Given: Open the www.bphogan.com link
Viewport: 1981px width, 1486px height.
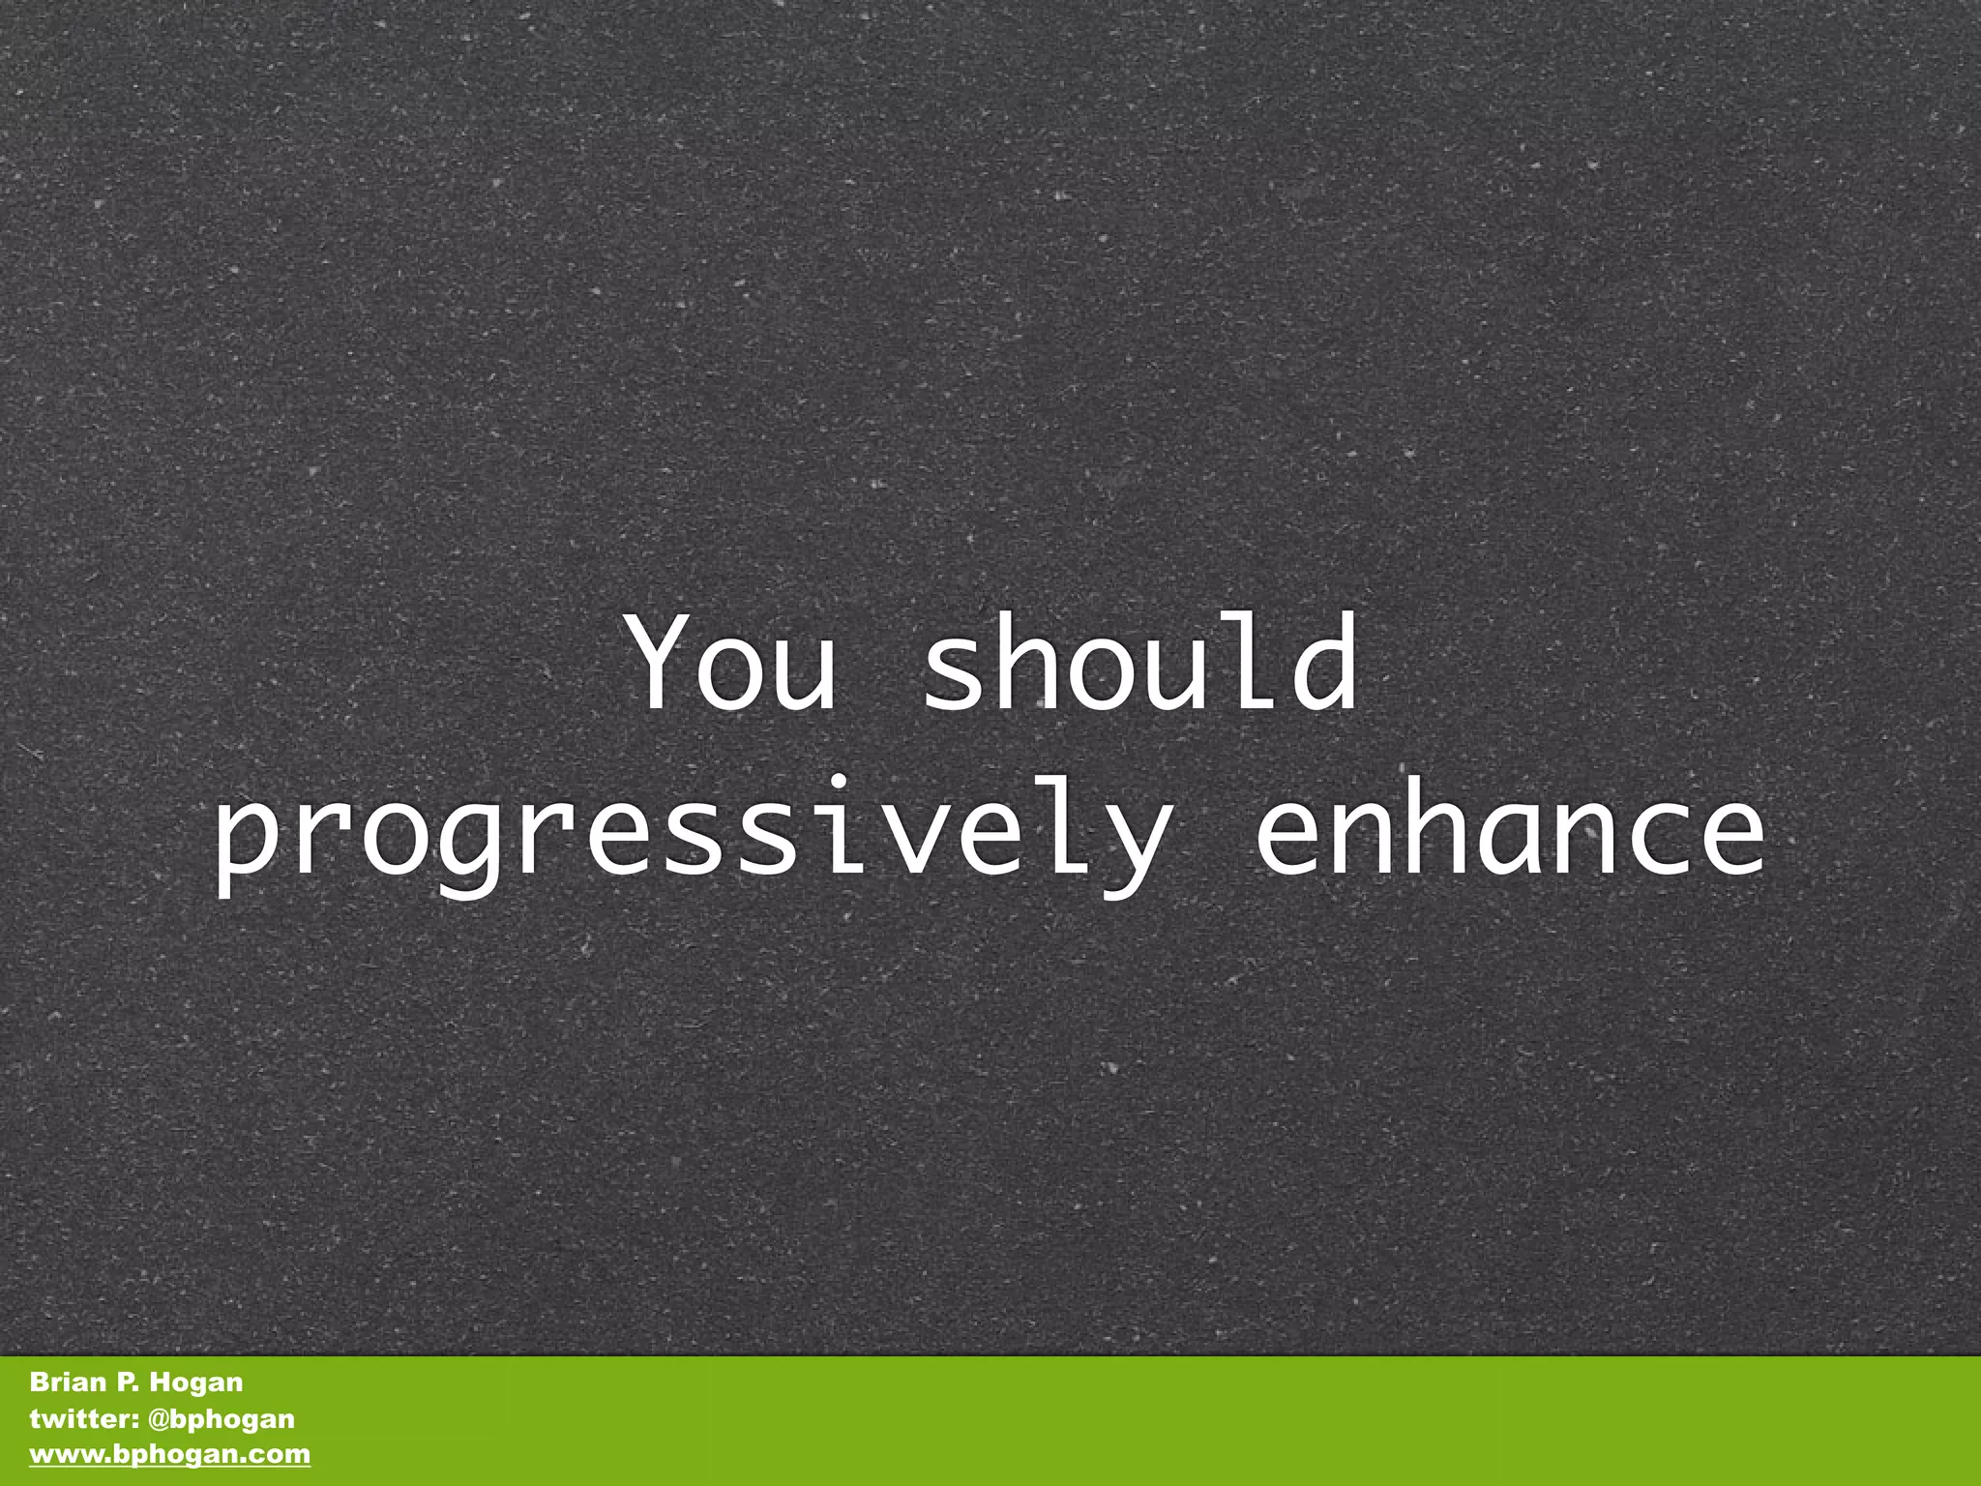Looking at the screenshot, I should click(x=170, y=1454).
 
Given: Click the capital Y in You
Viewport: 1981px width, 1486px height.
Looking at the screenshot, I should click(x=665, y=663).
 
